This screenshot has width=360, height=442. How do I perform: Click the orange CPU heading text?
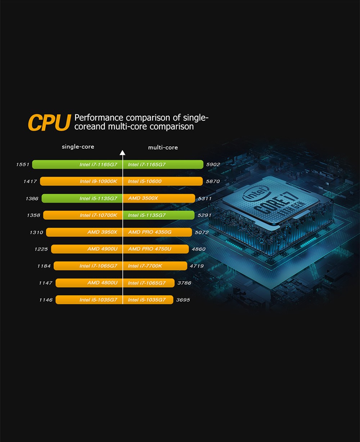pyautogui.click(x=49, y=123)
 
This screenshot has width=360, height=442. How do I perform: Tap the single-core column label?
pyautogui.click(x=78, y=147)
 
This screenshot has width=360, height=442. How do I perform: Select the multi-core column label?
pyautogui.click(x=163, y=147)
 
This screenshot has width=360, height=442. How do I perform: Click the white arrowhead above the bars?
pyautogui.click(x=122, y=153)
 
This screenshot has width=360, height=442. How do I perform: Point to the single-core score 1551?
pyautogui.click(x=22, y=165)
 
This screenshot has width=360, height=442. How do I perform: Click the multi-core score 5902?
pyautogui.click(x=213, y=165)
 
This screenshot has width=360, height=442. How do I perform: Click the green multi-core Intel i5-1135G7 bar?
pyautogui.click(x=158, y=215)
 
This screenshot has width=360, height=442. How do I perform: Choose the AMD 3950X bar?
pyautogui.click(x=84, y=232)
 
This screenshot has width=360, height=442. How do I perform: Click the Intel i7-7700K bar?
pyautogui.click(x=155, y=266)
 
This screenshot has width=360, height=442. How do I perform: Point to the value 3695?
pyautogui.click(x=183, y=300)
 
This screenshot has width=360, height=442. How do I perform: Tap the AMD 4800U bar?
pyautogui.click(x=89, y=283)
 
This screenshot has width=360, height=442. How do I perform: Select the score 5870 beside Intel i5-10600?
pyautogui.click(x=212, y=182)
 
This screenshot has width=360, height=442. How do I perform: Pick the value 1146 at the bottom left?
pyautogui.click(x=46, y=300)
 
